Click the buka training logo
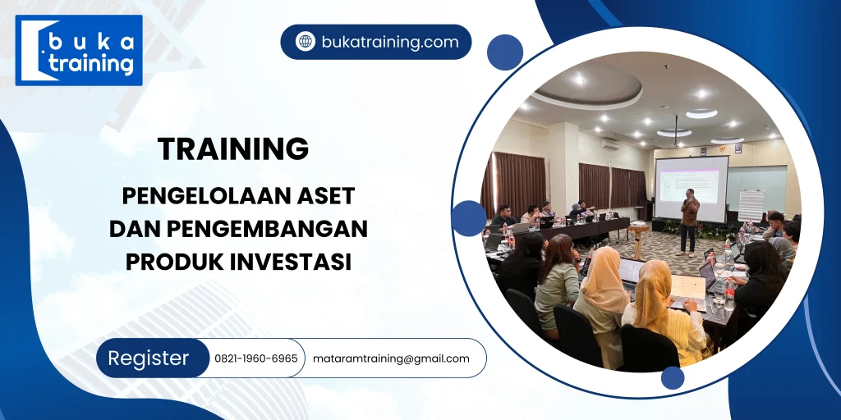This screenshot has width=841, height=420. pos(79,50)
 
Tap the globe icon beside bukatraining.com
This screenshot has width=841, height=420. pos(306,42)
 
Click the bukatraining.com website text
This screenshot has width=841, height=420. pos(390,42)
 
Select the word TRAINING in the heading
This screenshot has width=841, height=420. pos(233,149)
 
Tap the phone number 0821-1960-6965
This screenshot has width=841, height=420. pos(256,358)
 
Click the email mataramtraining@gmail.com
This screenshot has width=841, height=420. pos(391,358)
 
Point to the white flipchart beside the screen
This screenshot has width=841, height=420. pos(751,205)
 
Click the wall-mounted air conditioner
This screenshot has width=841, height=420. pos(609,143)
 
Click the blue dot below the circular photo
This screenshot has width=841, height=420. pos(672,378)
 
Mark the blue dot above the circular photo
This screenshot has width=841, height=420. pos(504,52)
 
